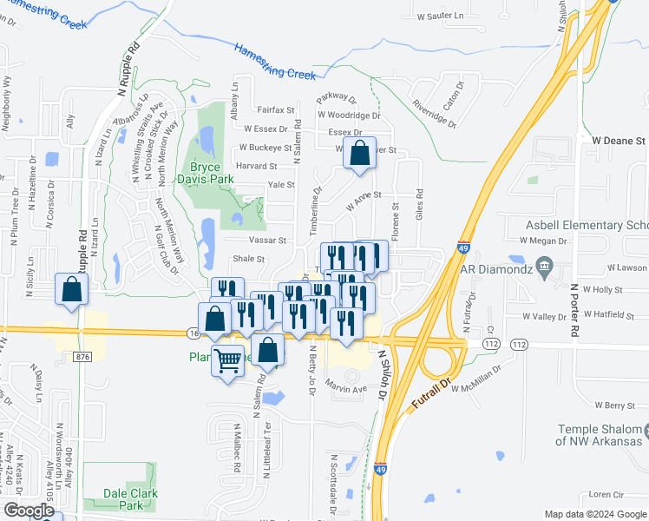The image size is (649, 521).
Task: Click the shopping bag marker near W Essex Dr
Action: [x=359, y=153]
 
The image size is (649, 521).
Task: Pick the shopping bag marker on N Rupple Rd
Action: [x=72, y=290]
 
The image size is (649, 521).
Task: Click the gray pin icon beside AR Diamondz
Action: [x=544, y=264]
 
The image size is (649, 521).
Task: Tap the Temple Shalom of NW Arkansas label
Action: [x=602, y=436]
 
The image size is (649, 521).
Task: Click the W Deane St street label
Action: [x=619, y=140]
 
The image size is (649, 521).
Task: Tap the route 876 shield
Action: [x=82, y=356]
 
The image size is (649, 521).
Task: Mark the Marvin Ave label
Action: [x=347, y=389]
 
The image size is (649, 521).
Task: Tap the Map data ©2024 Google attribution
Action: [x=595, y=514]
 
